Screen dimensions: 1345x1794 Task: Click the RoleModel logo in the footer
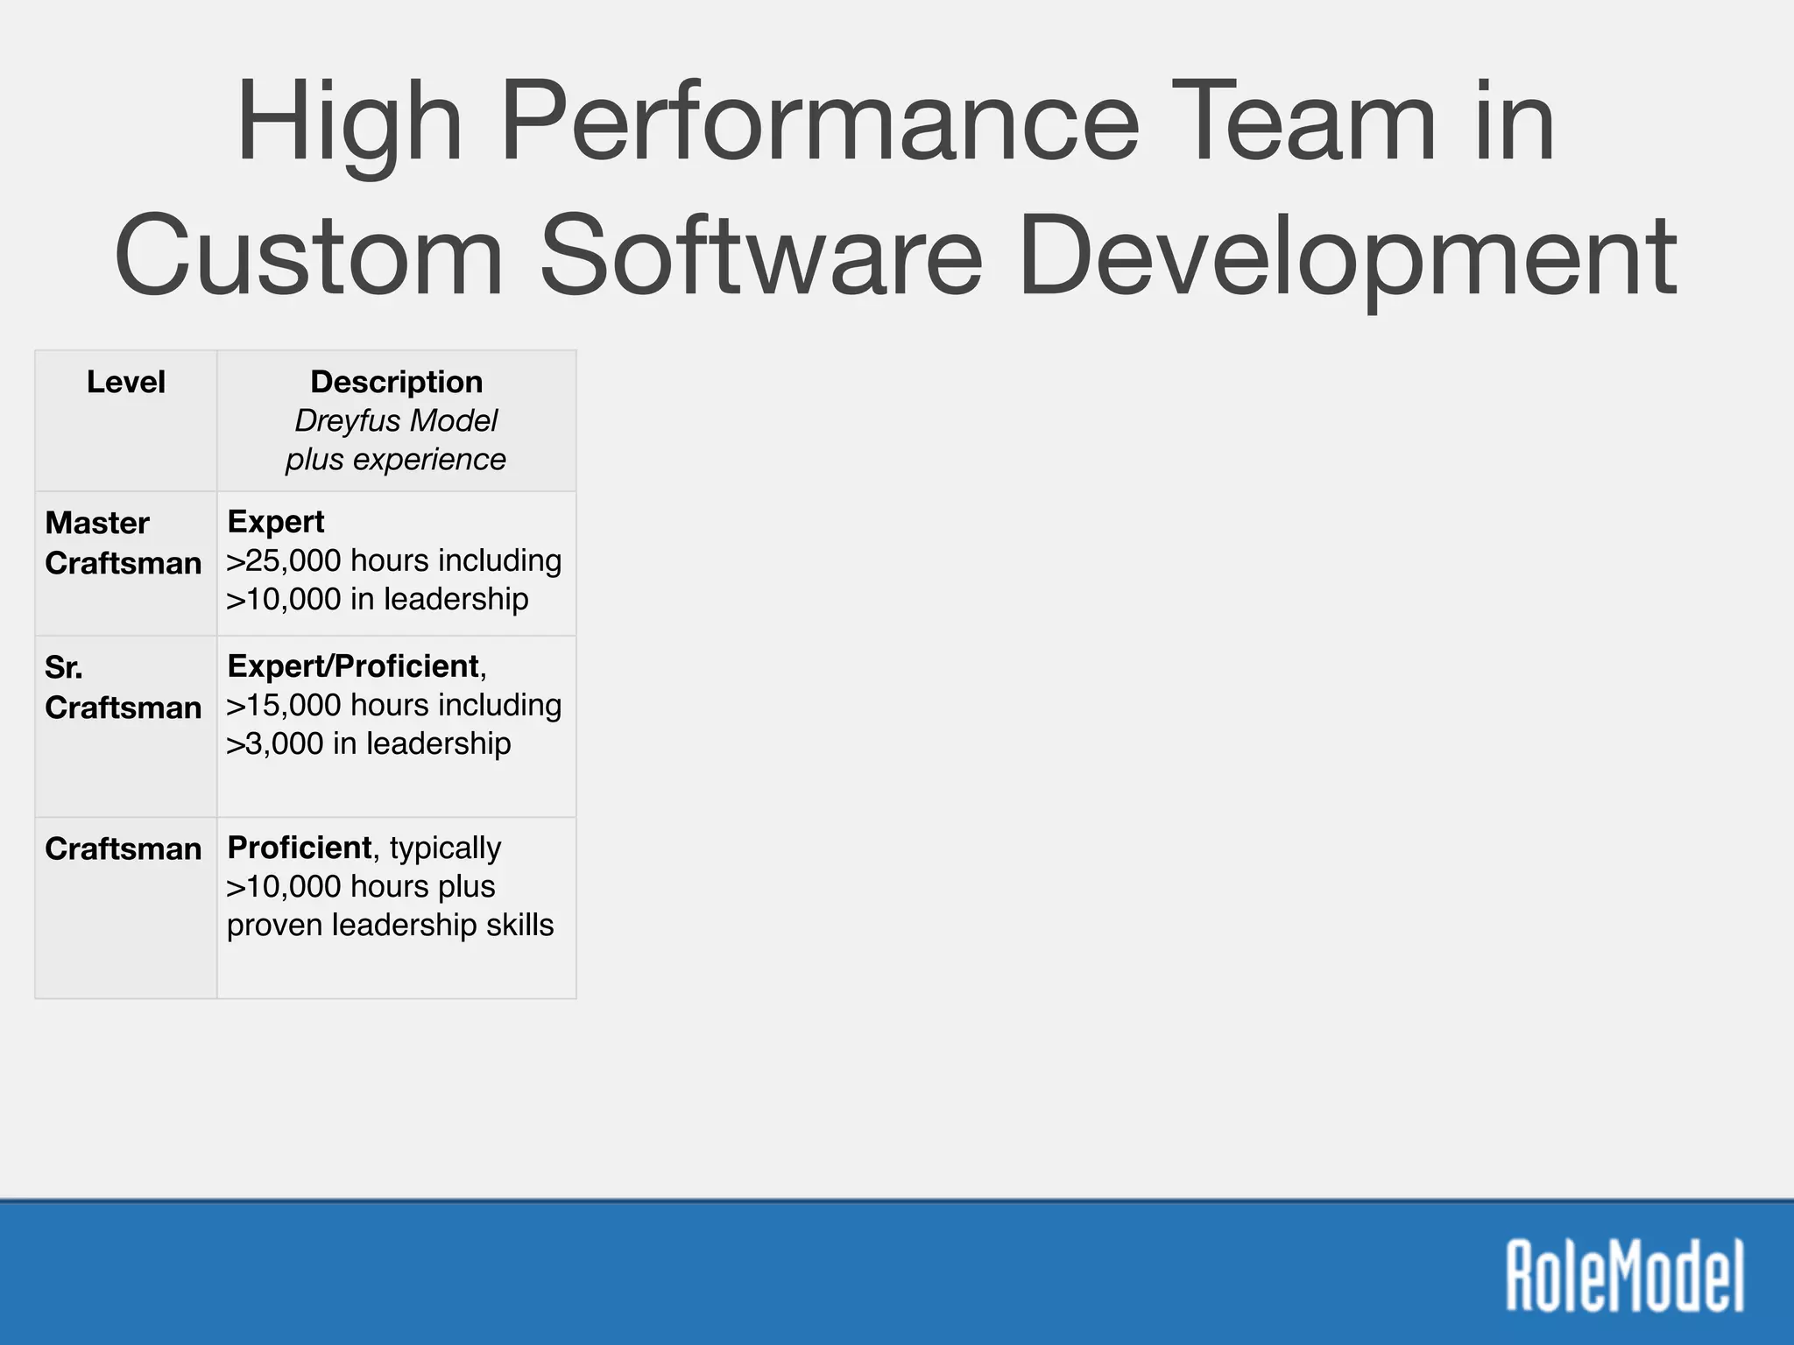1625,1275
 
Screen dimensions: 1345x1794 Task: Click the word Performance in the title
819,123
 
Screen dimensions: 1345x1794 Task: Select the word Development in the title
1346,256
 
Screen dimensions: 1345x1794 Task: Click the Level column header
126,382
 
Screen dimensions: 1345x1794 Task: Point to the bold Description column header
396,382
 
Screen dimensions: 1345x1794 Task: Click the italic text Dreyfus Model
396,420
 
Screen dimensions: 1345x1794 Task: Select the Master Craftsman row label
123,543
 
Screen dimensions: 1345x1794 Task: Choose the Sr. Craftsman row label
123,687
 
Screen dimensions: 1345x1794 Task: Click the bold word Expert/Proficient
353,666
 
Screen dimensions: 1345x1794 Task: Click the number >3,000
274,743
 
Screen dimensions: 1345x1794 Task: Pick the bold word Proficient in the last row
300,848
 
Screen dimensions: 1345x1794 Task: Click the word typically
445,848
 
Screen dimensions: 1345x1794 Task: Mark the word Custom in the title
308,256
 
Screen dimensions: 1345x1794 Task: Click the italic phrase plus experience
396,459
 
